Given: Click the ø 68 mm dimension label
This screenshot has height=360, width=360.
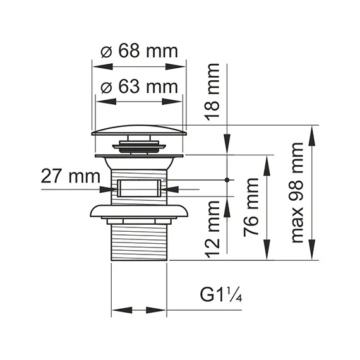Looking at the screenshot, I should point(140,52).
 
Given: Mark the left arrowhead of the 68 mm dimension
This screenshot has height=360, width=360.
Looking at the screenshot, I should point(98,68).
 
